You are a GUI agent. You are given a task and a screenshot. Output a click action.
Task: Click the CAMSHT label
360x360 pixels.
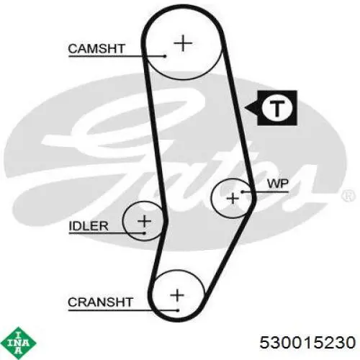(x=96, y=49)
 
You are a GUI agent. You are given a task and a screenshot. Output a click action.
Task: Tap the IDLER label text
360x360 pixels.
(x=89, y=226)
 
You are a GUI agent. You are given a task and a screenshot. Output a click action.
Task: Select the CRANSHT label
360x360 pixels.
(x=100, y=302)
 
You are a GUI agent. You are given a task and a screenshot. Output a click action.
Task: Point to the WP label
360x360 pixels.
(x=278, y=184)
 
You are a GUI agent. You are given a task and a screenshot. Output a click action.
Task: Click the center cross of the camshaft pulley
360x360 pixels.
(x=183, y=43)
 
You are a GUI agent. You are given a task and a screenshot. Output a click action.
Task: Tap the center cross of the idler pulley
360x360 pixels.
(x=144, y=221)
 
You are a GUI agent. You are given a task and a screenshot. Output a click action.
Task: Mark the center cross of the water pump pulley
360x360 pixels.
(x=233, y=199)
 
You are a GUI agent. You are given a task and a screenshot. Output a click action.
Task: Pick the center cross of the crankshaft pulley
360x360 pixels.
(x=177, y=295)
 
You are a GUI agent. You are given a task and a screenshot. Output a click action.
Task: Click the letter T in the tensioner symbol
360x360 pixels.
(x=277, y=109)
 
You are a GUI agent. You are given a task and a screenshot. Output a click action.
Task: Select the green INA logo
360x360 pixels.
(x=18, y=343)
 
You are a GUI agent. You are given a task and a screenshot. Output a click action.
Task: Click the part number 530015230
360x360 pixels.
(x=307, y=342)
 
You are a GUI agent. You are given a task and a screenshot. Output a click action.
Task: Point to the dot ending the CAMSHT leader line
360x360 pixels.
(x=165, y=56)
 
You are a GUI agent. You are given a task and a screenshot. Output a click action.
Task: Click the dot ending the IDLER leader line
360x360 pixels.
(x=144, y=233)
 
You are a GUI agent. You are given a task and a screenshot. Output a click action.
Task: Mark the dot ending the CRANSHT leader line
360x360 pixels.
(x=178, y=310)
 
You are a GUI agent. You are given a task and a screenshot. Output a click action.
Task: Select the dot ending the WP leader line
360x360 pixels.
(x=243, y=192)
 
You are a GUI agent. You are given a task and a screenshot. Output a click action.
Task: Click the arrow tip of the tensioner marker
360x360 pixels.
(x=245, y=108)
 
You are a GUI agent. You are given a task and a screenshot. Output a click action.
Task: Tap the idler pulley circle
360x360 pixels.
(x=123, y=221)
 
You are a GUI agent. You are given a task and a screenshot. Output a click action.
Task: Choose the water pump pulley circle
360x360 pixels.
(x=211, y=199)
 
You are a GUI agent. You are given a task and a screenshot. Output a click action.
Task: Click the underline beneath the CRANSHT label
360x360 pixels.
(x=123, y=310)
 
